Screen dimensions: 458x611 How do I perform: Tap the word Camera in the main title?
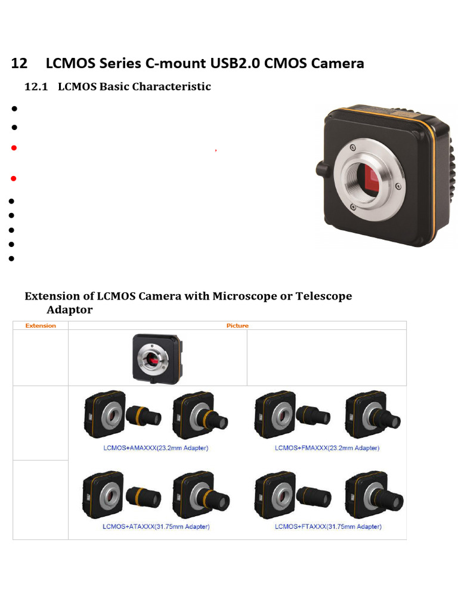pyautogui.click(x=337, y=63)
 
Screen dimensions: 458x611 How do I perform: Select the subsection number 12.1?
pyautogui.click(x=35, y=87)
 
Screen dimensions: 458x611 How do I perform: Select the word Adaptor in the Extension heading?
pyautogui.click(x=70, y=310)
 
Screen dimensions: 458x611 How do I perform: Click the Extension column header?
pyautogui.click(x=41, y=326)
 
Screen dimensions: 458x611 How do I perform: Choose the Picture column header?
pyautogui.click(x=237, y=326)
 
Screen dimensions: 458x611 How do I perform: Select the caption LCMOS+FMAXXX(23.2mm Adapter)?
pyautogui.click(x=327, y=448)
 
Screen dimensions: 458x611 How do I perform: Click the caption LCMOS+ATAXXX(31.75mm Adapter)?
pyautogui.click(x=156, y=526)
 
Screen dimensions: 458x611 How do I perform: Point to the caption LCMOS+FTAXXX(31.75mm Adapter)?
pyautogui.click(x=328, y=526)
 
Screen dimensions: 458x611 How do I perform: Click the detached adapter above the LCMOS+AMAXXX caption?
pyautogui.click(x=144, y=415)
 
